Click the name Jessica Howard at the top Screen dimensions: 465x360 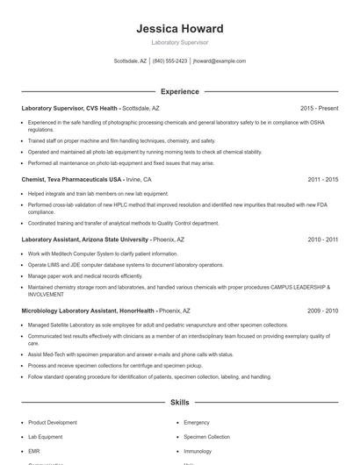click(180, 29)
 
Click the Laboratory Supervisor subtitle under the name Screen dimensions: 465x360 click(180, 42)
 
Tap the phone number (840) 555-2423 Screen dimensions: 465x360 click(169, 61)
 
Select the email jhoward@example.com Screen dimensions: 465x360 click(220, 61)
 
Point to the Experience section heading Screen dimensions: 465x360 click(180, 91)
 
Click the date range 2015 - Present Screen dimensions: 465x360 click(319, 108)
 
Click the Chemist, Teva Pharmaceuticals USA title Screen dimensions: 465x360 click(72, 179)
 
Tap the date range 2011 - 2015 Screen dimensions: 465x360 click(323, 179)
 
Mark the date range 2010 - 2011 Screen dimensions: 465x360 click(323, 239)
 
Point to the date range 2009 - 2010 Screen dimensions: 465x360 click(323, 310)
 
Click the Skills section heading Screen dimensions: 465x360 click(180, 403)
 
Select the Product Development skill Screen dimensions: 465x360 click(53, 422)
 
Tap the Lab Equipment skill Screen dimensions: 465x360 click(46, 436)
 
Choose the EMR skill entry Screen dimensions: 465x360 click(35, 451)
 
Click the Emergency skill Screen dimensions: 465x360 click(197, 422)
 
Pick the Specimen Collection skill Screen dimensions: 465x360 click(206, 436)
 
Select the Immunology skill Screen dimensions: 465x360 click(198, 451)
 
